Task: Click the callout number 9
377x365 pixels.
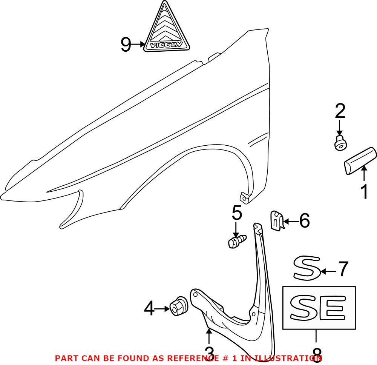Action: pyautogui.click(x=126, y=45)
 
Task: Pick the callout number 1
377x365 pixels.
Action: pyautogui.click(x=364, y=192)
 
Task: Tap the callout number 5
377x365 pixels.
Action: pyautogui.click(x=236, y=214)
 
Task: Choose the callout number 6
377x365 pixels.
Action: pyautogui.click(x=303, y=220)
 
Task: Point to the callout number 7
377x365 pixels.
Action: pyautogui.click(x=342, y=270)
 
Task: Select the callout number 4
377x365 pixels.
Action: pyautogui.click(x=149, y=309)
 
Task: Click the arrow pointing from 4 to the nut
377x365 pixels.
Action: pyautogui.click(x=163, y=309)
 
